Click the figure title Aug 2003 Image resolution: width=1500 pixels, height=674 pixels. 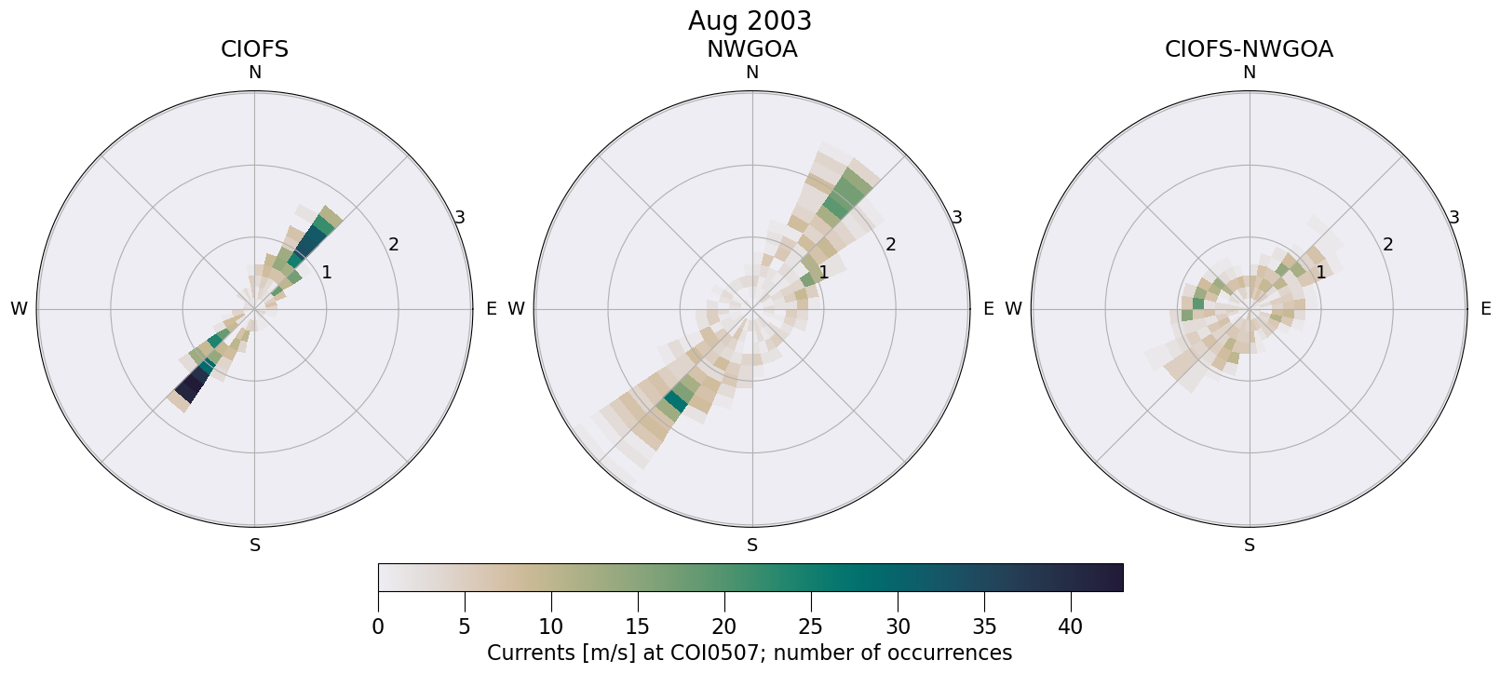750,20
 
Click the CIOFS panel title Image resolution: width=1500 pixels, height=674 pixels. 254,49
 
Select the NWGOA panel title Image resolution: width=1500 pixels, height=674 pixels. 751,49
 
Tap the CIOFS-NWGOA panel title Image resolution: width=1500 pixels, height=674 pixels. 1249,49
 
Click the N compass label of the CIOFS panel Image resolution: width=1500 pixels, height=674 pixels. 254,73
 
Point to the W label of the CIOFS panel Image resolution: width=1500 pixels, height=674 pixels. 19,309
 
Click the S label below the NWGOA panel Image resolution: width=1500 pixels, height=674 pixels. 752,546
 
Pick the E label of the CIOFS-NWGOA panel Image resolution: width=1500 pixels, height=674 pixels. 1485,309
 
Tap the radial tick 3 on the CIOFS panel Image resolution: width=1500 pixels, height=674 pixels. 459,218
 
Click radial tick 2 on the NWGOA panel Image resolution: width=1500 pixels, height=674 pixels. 890,245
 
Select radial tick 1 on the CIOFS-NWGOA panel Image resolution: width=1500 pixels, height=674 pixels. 1320,272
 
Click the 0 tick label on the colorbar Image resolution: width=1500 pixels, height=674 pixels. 378,627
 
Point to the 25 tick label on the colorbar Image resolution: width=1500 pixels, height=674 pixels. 811,627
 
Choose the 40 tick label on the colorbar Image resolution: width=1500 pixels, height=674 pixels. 1071,627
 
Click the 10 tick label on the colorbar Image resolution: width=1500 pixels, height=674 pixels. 551,627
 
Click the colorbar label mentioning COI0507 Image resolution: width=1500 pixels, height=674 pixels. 750,653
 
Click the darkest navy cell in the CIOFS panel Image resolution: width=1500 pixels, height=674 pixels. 192,384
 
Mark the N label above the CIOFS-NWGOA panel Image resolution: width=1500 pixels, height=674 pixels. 1250,73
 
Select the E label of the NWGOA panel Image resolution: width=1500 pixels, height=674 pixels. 988,309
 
